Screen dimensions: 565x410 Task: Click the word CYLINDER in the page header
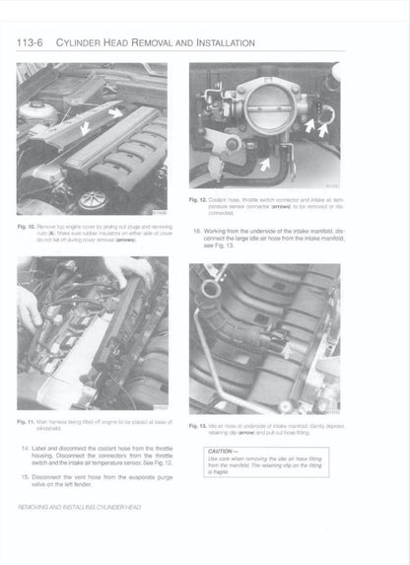coord(88,42)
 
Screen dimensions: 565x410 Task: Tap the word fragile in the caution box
coord(223,472)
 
